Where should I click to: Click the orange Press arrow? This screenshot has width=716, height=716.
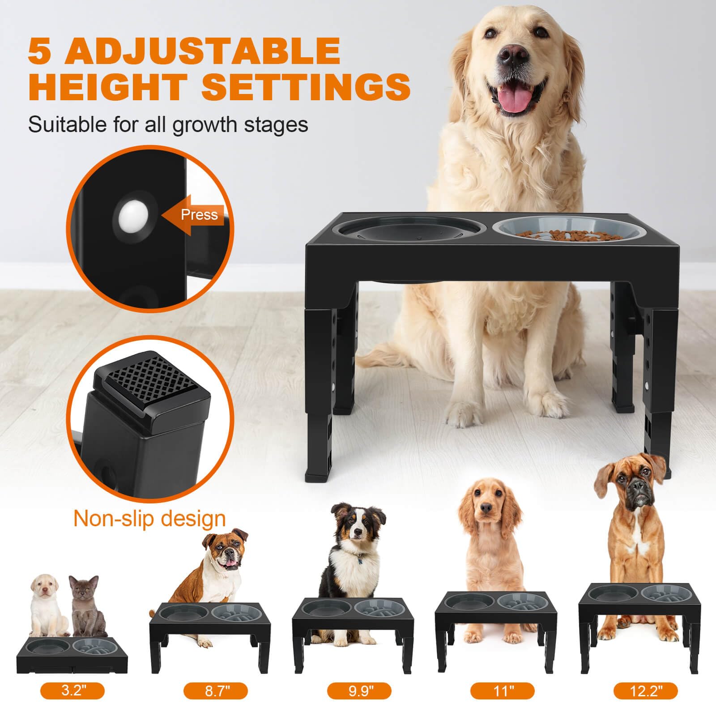(x=195, y=215)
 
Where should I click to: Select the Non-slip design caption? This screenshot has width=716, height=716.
(x=149, y=519)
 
